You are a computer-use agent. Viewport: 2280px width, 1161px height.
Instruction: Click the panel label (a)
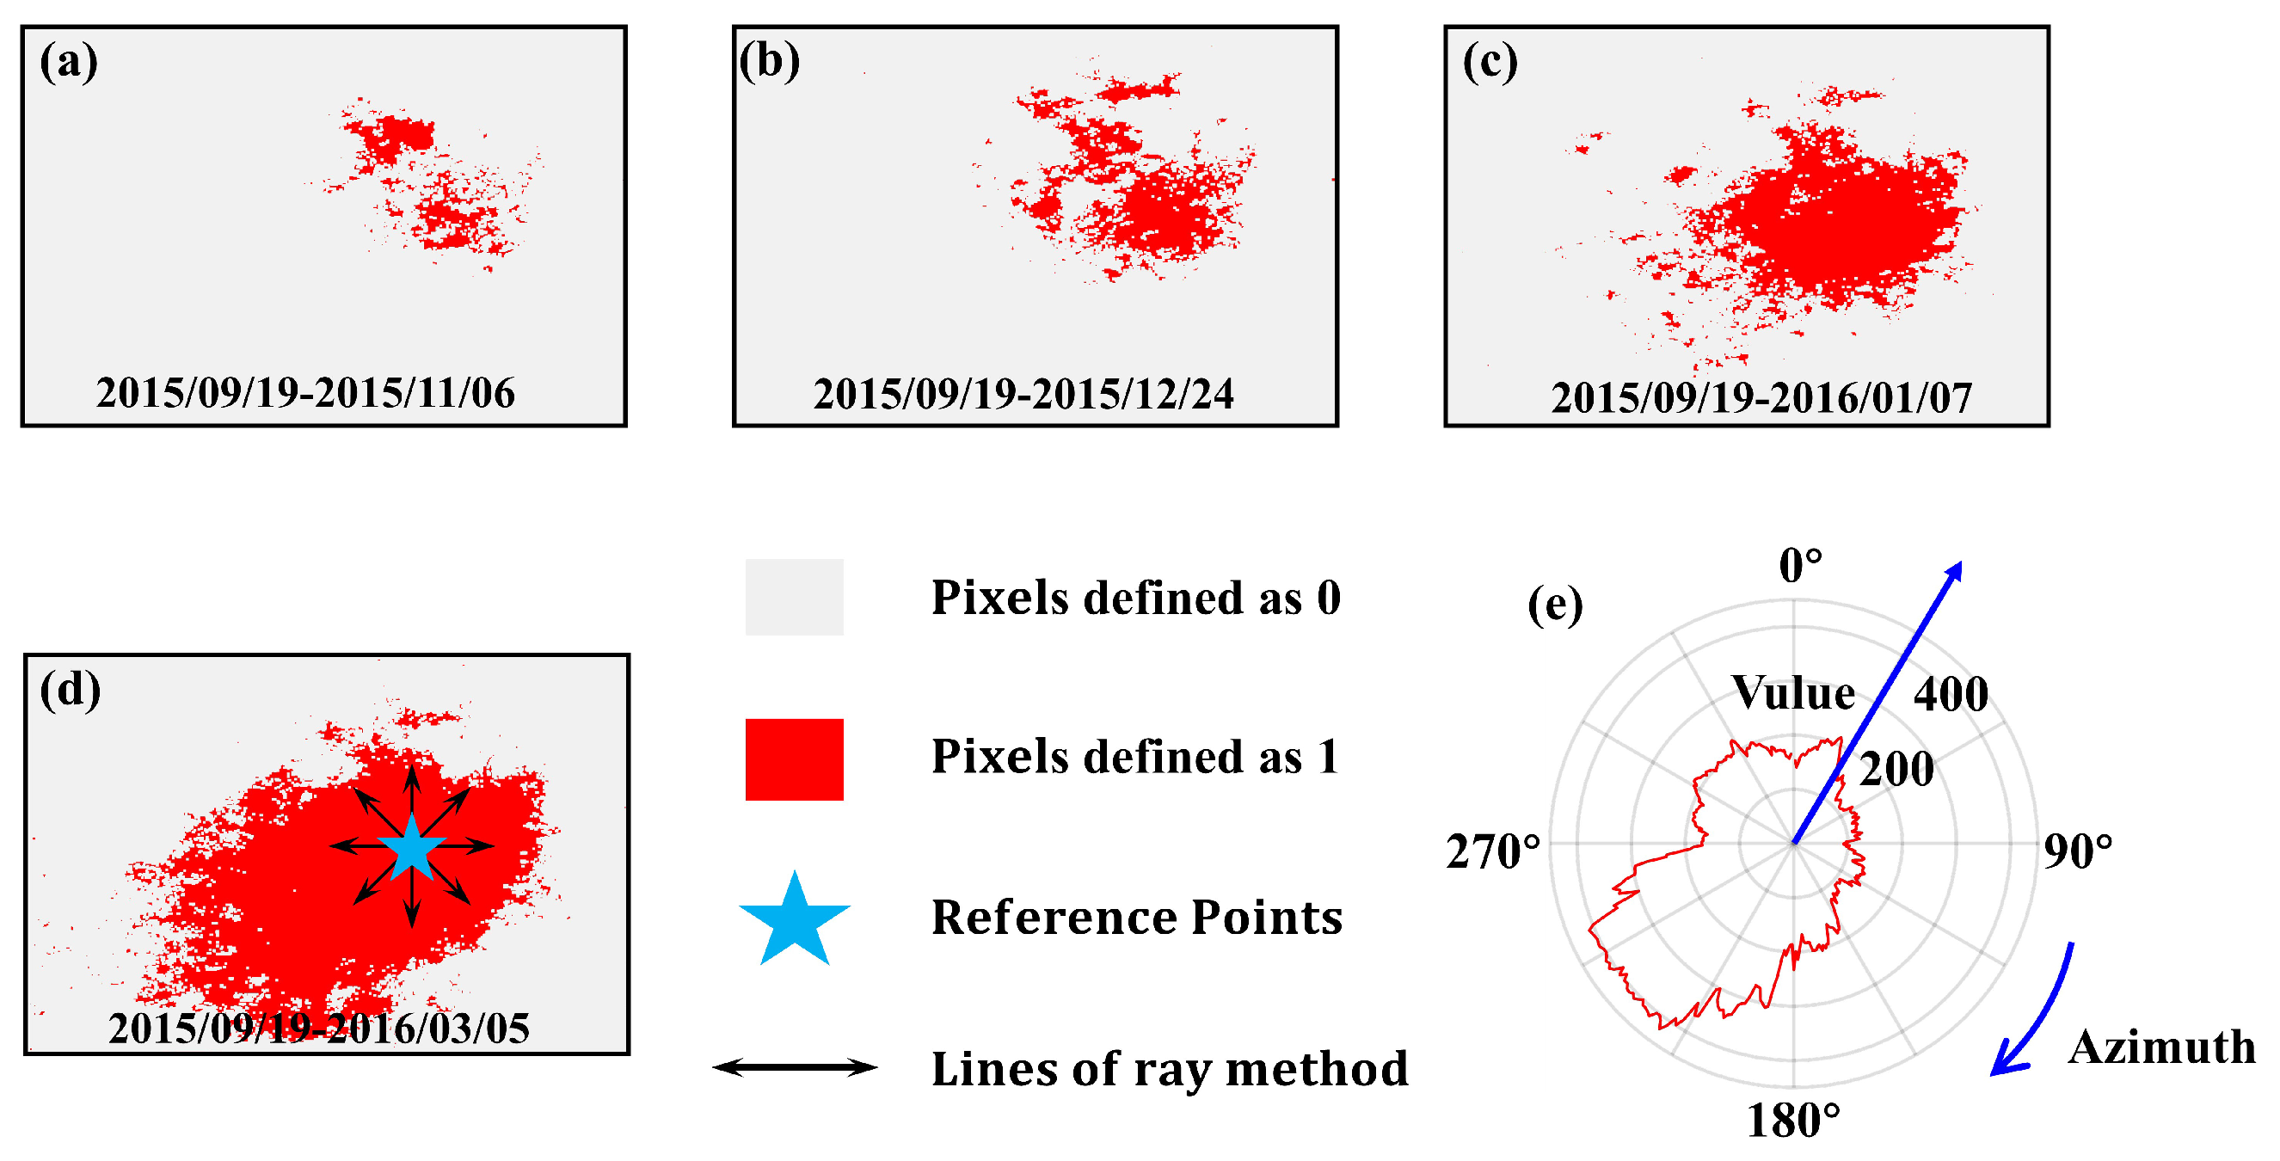coord(68,63)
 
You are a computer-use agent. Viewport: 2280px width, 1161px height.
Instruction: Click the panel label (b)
coord(769,63)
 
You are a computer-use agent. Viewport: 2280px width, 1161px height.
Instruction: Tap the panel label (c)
coord(1490,63)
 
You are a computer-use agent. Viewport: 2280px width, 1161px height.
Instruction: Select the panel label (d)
coord(70,691)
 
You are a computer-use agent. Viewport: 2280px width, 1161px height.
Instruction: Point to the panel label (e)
coord(1555,605)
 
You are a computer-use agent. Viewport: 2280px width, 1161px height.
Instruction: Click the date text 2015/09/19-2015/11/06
coord(305,393)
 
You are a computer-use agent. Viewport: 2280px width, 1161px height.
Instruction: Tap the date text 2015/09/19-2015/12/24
coord(1023,395)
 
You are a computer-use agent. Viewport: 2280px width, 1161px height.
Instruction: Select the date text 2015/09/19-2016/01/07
coord(1761,398)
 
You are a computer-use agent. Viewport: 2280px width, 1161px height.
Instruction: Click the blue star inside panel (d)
coord(413,847)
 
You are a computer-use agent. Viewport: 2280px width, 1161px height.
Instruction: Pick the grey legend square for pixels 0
coord(794,598)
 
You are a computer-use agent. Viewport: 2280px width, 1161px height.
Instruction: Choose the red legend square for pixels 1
coord(794,759)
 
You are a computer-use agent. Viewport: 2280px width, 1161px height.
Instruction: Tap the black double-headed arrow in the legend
coord(794,1067)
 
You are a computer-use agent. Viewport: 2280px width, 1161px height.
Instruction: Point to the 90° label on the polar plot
coord(2077,851)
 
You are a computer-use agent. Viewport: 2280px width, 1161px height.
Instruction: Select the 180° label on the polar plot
coord(1792,1121)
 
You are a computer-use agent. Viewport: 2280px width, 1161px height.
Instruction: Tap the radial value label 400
coord(1951,695)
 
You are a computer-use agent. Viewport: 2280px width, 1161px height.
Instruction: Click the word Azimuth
coord(2161,1047)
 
